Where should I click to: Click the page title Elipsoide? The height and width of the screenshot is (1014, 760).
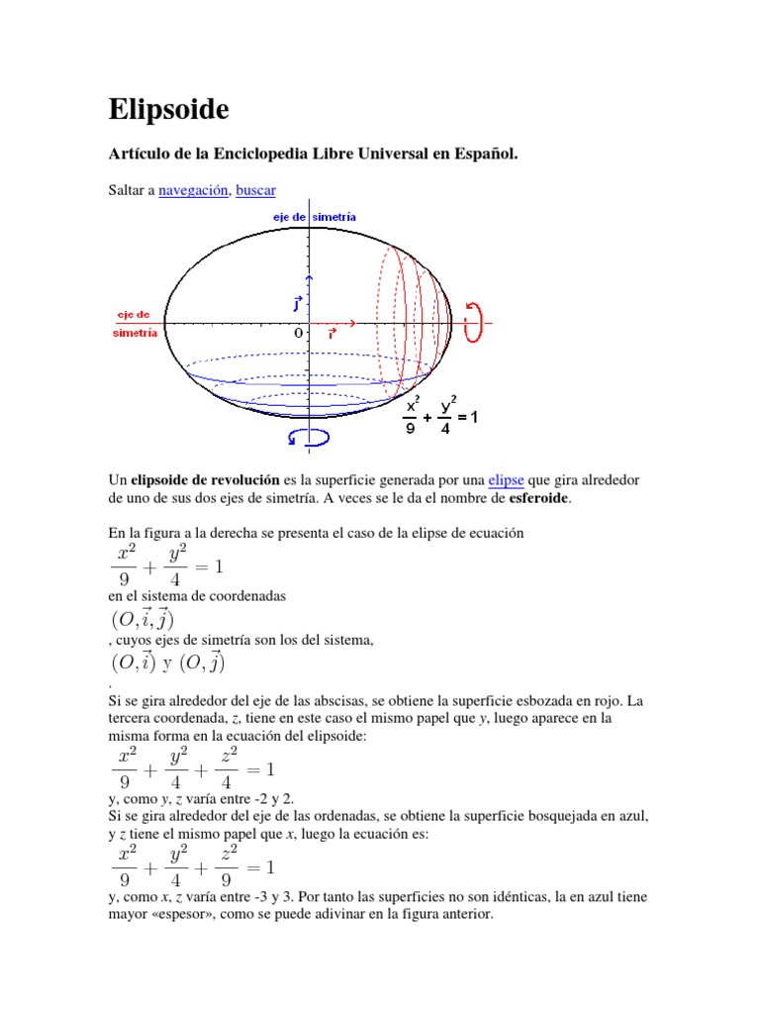(x=168, y=110)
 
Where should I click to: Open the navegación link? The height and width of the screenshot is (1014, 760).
(x=193, y=190)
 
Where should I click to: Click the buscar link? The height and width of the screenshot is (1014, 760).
(x=255, y=190)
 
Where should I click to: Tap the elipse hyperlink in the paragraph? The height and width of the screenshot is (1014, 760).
(x=506, y=480)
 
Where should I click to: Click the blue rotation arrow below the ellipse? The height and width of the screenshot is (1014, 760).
(x=309, y=437)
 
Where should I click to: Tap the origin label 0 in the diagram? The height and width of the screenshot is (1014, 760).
(x=298, y=335)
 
